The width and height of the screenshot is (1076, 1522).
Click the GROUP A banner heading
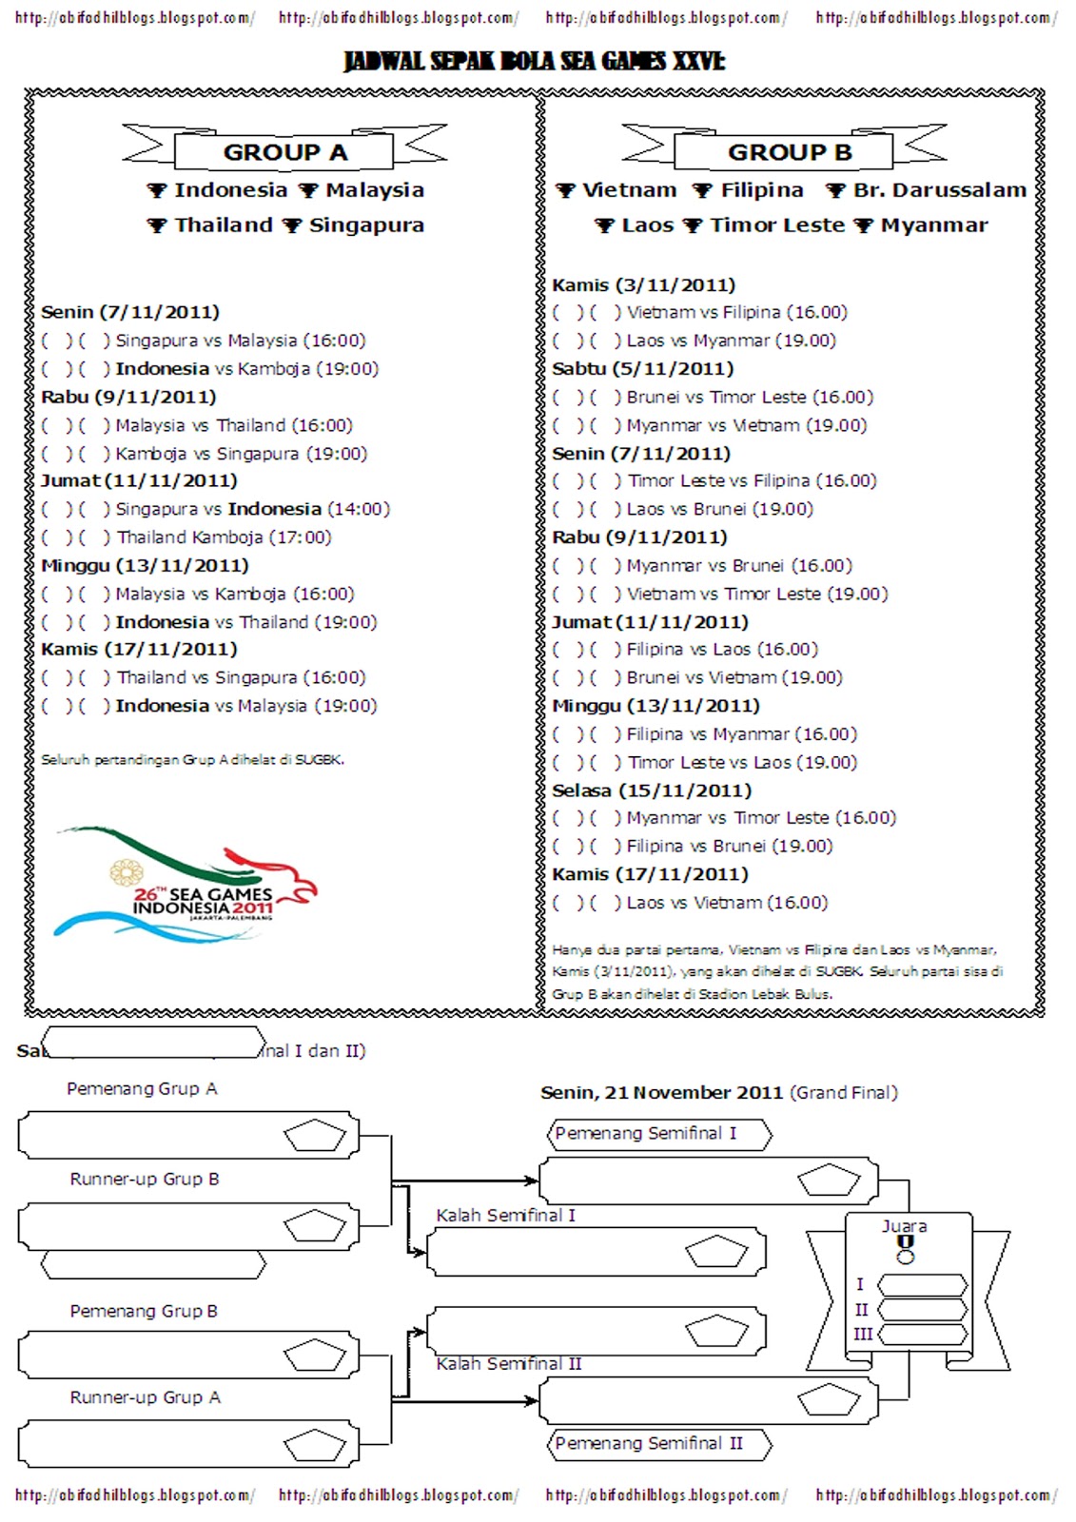(284, 152)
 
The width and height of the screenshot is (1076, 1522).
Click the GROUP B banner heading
(789, 152)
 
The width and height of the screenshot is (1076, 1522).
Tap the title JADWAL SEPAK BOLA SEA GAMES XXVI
(535, 62)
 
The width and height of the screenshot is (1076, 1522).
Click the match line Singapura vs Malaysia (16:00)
(240, 341)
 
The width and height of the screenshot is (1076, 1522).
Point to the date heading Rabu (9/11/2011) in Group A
(128, 397)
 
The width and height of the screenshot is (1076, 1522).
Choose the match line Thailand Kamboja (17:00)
(224, 537)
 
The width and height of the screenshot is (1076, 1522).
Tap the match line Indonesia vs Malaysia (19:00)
(245, 706)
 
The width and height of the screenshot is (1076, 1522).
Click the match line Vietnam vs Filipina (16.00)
(735, 312)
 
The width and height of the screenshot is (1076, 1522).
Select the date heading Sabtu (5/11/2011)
(642, 368)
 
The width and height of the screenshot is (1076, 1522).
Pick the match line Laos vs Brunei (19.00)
(719, 509)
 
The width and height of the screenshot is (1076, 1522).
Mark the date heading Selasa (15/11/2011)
(651, 790)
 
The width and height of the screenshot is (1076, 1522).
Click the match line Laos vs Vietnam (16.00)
(726, 903)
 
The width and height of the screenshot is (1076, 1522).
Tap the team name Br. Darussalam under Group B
(939, 190)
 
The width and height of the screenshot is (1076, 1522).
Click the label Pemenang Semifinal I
(646, 1134)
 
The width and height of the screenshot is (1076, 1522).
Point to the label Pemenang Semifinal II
(649, 1444)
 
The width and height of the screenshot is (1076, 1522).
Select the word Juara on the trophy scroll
(904, 1226)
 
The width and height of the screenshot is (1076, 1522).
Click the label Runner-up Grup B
(145, 1180)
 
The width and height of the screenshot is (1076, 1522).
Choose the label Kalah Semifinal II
(509, 1364)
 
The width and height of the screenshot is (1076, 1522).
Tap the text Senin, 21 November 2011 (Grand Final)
(718, 1093)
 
